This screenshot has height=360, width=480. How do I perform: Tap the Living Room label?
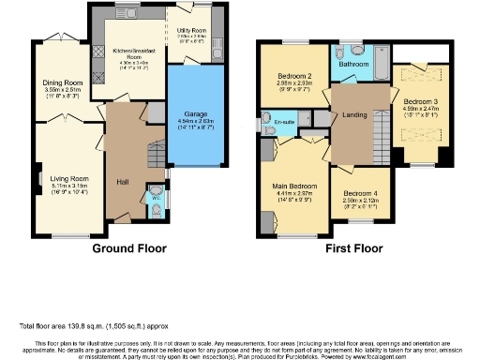pos(67,178)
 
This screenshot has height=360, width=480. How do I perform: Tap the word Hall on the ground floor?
pos(122,181)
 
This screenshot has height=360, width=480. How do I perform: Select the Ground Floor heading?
pos(128,249)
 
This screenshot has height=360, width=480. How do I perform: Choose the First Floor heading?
pos(355,249)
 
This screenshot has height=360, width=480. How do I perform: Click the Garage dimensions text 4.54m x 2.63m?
pos(195,121)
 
